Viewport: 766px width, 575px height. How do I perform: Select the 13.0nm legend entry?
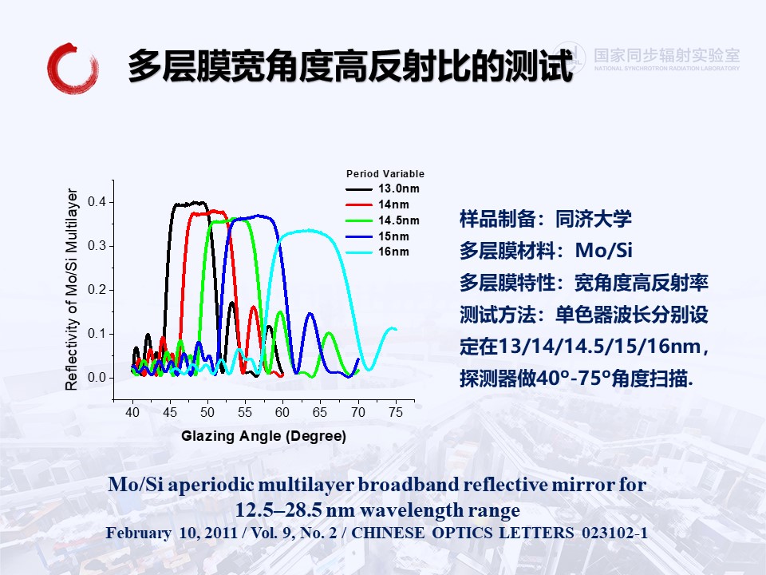coord(382,188)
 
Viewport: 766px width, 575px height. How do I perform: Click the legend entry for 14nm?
coord(377,204)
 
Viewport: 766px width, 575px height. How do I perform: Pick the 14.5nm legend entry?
coord(382,220)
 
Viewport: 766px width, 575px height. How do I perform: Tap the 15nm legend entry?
coord(377,236)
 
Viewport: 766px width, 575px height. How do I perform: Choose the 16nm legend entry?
coord(377,252)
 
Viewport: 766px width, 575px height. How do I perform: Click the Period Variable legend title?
coord(385,173)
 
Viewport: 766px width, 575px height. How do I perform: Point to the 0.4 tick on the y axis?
coord(97,201)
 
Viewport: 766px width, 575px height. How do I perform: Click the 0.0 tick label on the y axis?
coord(97,378)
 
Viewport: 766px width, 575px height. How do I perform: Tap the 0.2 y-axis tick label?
coord(97,289)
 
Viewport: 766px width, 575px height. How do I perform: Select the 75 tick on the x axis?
coord(396,412)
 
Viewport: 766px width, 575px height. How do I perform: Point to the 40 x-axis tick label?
coord(132,412)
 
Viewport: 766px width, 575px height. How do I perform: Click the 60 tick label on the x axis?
coord(282,412)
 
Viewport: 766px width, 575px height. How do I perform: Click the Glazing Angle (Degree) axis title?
coord(264,436)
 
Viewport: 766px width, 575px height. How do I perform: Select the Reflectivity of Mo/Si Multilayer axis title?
coord(71,289)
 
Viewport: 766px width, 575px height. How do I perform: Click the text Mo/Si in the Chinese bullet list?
coord(604,250)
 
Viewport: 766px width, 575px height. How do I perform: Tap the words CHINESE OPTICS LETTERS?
coord(463,533)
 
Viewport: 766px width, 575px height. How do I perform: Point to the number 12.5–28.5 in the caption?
coord(278,510)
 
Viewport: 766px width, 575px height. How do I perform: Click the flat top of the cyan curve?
coord(308,231)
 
